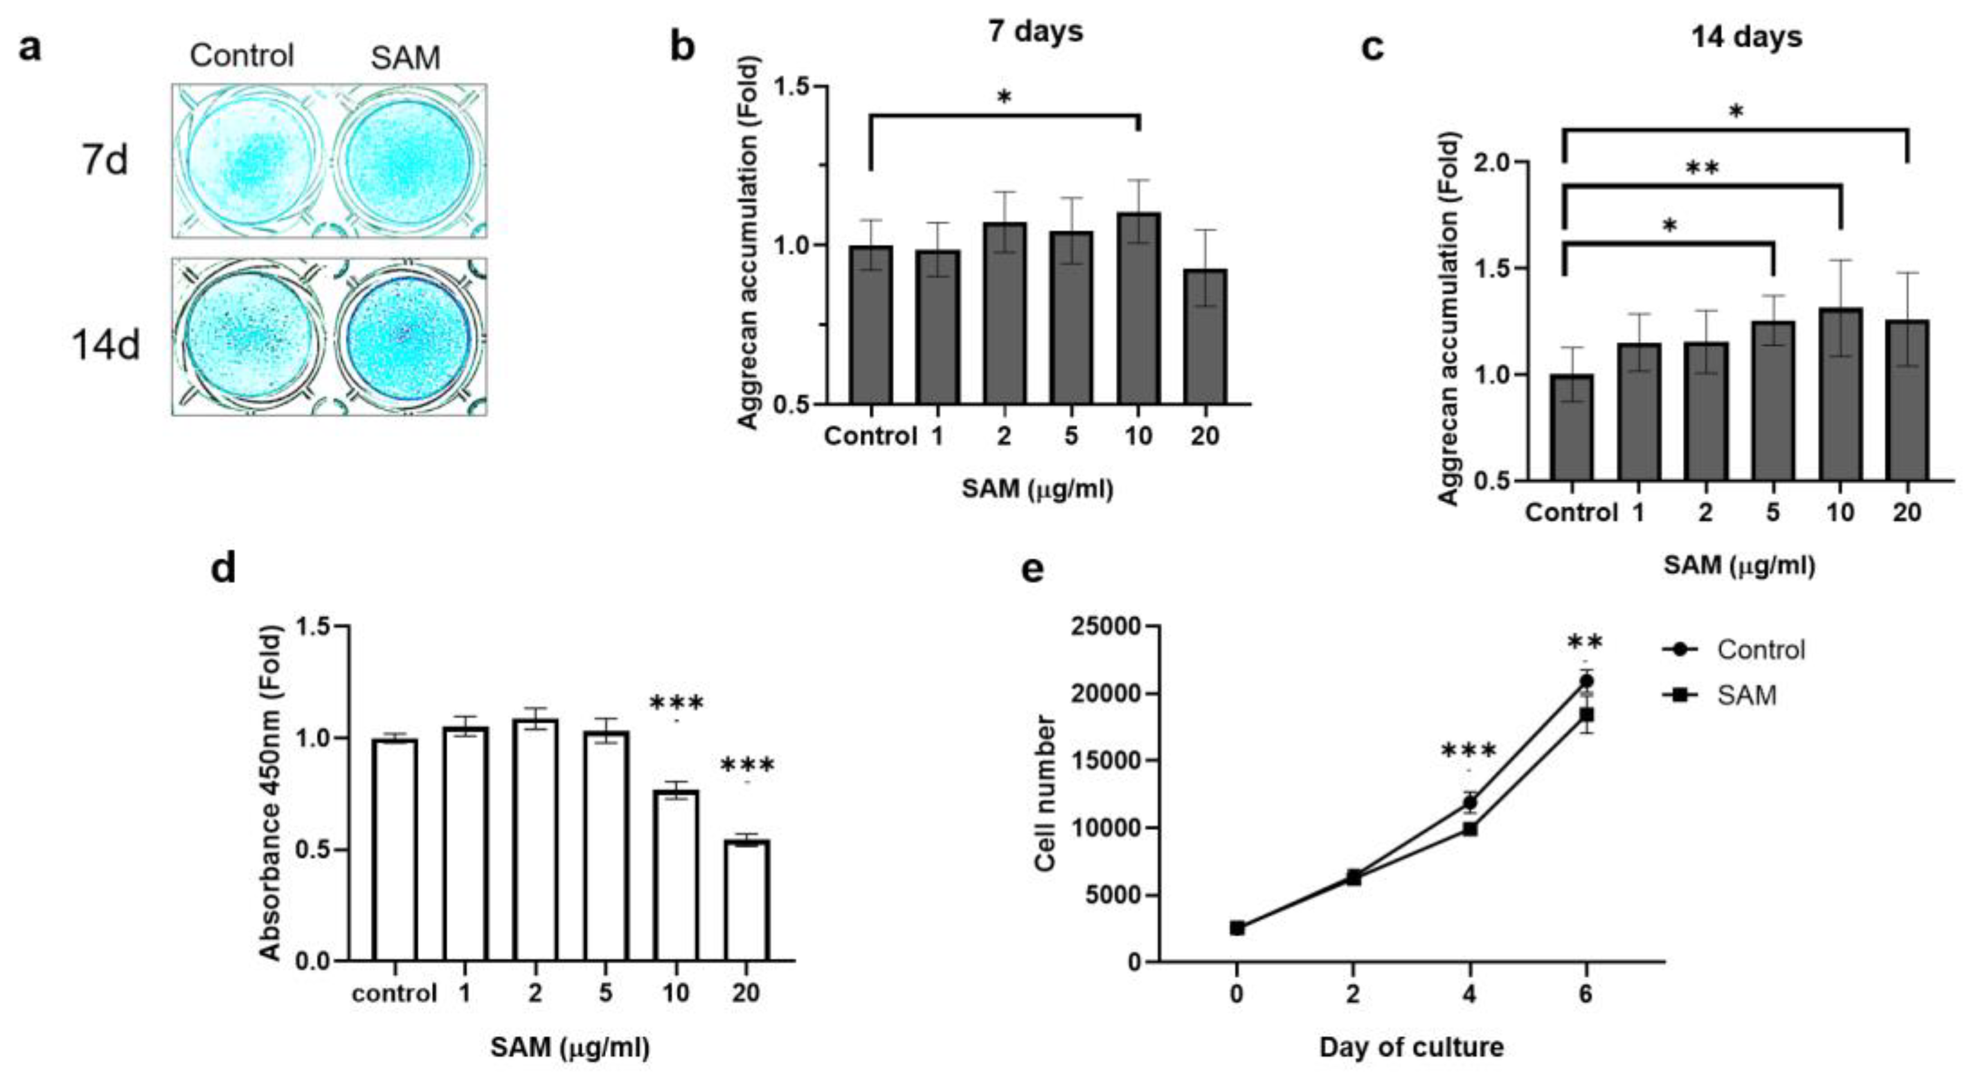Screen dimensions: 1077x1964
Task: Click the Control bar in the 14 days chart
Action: [x=1570, y=427]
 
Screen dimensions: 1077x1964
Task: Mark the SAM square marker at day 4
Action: [x=1470, y=828]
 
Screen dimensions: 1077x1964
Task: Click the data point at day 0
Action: [x=1237, y=928]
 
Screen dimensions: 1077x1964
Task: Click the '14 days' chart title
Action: [x=1746, y=37]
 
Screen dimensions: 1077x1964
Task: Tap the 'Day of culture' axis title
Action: [x=1412, y=1046]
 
